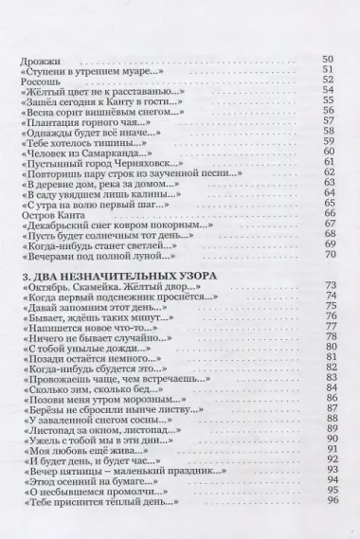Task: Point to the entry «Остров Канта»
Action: tap(49, 214)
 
